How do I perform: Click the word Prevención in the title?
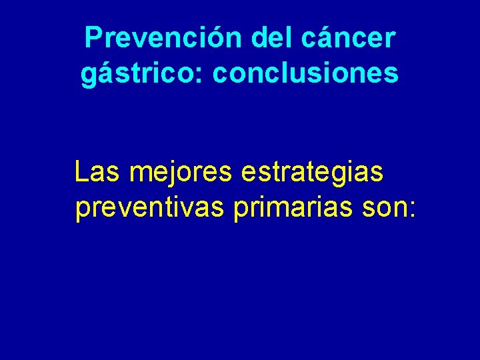[164, 39]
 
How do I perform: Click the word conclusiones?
[306, 73]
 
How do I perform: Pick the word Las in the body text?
[98, 172]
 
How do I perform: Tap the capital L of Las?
[81, 172]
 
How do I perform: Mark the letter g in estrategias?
[352, 176]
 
